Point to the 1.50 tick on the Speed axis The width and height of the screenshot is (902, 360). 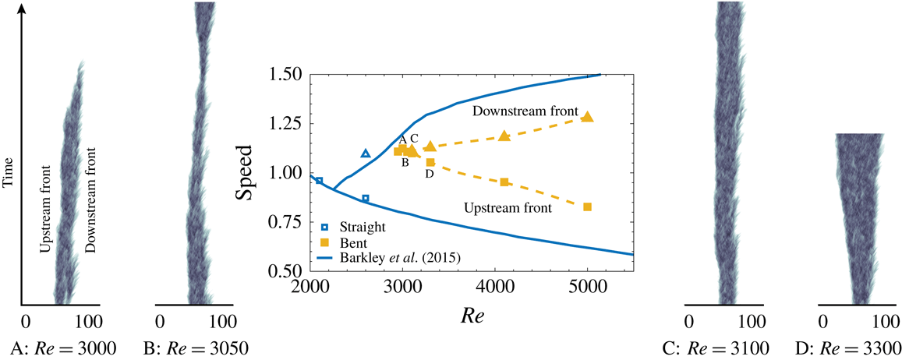289,75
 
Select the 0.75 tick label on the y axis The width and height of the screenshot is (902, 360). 289,222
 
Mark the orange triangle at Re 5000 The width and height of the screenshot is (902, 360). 587,117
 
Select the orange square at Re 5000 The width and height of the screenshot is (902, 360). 587,206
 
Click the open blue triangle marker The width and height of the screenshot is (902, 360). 366,154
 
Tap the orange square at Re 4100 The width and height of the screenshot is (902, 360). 504,182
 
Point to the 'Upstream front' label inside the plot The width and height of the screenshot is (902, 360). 508,208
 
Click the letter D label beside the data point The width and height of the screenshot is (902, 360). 429,174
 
